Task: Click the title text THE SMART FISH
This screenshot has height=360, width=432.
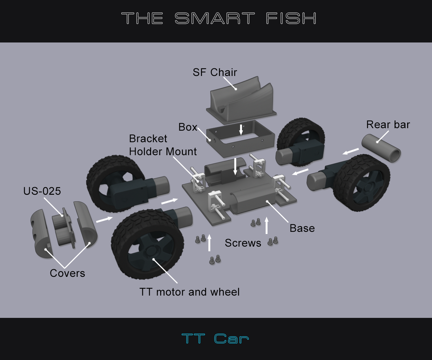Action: point(219,18)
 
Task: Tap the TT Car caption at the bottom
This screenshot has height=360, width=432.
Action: point(215,339)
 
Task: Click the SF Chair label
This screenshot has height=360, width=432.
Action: point(215,72)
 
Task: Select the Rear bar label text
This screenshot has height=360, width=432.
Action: point(388,125)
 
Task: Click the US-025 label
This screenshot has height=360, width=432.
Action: point(42,191)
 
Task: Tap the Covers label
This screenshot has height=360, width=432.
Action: point(67,273)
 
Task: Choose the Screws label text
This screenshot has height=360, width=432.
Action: point(243,243)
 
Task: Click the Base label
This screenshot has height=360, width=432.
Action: point(302,228)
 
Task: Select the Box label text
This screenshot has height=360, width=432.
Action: point(188,127)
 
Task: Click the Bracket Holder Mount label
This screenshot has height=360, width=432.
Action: point(163,145)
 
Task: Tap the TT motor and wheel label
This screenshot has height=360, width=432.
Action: point(189,292)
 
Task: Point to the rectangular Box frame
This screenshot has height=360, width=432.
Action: point(240,139)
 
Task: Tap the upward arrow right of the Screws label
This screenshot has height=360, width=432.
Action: point(266,226)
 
